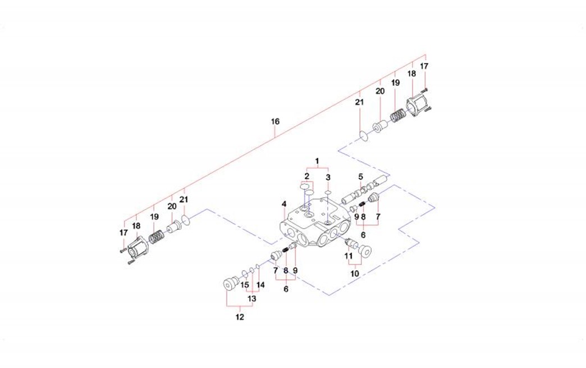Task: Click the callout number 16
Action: click(x=274, y=121)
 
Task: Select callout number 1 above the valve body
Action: click(x=317, y=161)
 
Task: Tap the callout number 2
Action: click(x=307, y=176)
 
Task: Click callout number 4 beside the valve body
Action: click(x=285, y=203)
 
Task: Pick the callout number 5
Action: click(x=361, y=176)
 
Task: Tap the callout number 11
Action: click(x=349, y=255)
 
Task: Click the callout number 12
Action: click(x=240, y=317)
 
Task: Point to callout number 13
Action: click(x=252, y=298)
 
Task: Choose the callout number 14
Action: click(x=260, y=285)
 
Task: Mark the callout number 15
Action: click(x=244, y=285)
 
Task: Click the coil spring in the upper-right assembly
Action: click(x=397, y=117)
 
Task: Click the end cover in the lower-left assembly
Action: click(x=136, y=247)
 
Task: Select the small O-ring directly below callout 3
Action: click(x=327, y=193)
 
